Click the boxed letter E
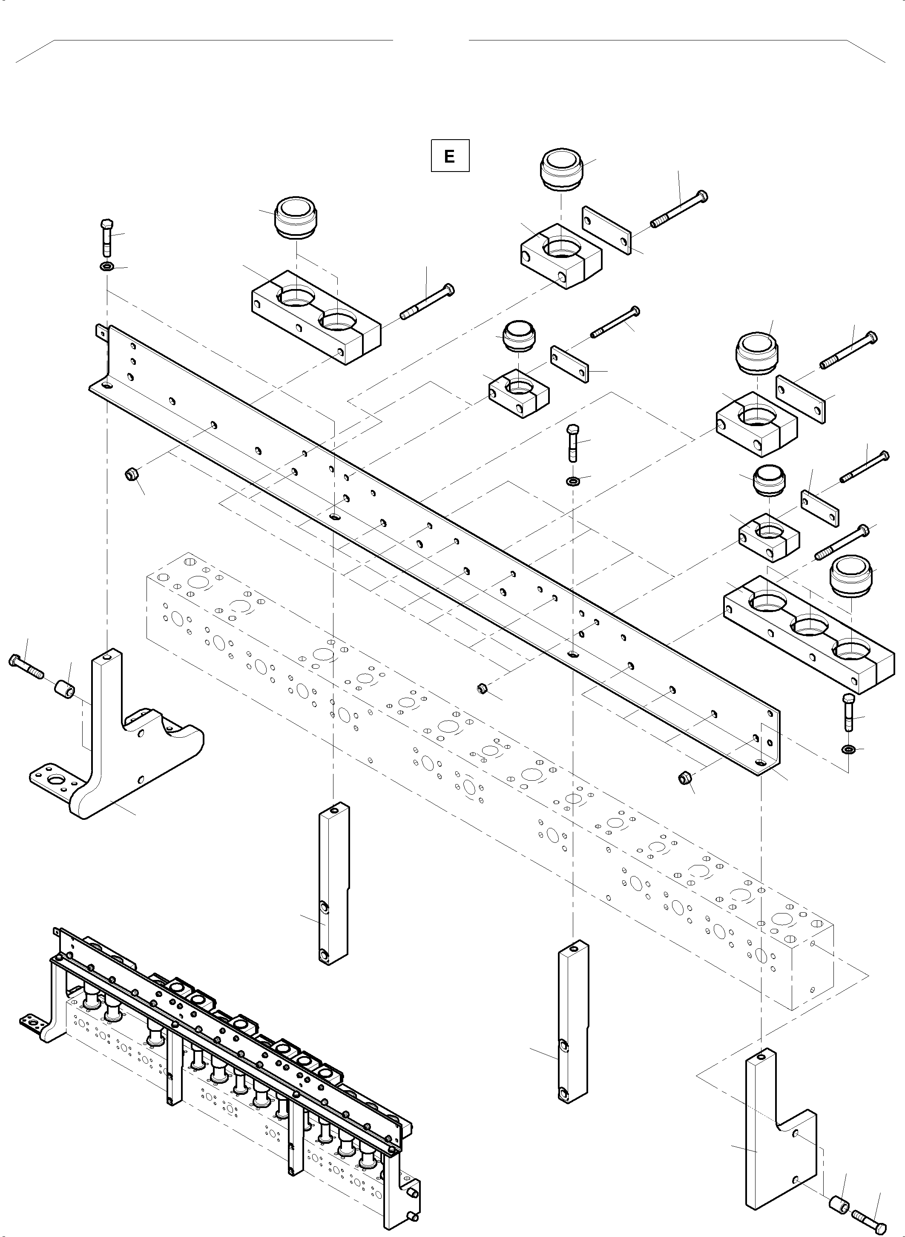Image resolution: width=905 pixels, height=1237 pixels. point(449,157)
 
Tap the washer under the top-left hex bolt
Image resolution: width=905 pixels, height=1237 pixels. point(106,267)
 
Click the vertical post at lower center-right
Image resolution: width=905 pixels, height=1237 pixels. point(572,1025)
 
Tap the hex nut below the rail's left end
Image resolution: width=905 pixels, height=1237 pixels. point(132,474)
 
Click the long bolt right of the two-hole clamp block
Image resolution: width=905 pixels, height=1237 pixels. point(427,302)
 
